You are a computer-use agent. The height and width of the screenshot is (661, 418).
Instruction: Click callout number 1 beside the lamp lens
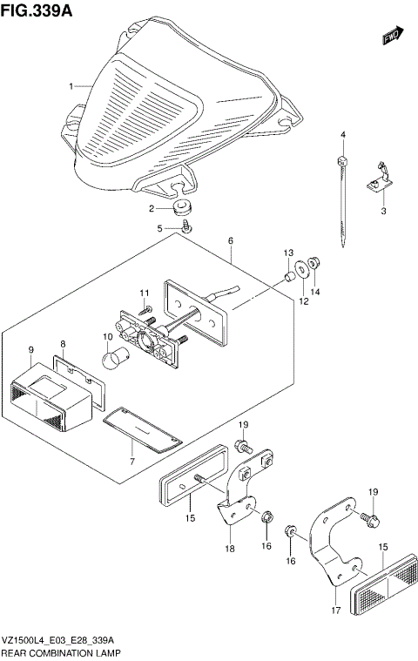(73, 87)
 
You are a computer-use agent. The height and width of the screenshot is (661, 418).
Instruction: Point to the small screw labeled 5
(187, 227)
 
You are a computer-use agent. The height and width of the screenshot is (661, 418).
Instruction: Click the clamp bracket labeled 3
(380, 178)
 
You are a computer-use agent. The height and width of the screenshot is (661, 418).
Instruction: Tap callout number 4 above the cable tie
(343, 134)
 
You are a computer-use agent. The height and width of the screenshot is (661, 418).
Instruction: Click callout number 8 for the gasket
(63, 345)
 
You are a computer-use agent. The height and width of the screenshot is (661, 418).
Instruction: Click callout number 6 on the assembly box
(231, 239)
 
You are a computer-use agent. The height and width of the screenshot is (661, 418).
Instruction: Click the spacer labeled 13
(286, 278)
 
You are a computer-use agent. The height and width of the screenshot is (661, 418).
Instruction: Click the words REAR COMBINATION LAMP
(62, 651)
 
